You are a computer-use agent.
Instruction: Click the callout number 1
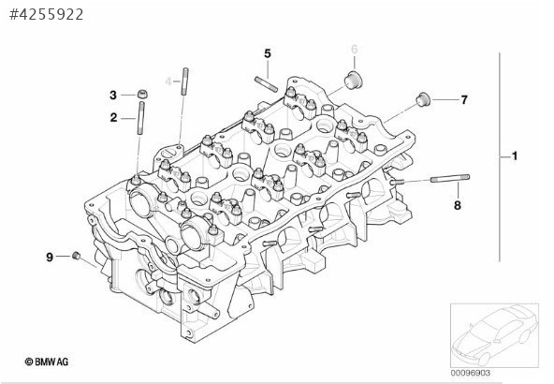pos(515,155)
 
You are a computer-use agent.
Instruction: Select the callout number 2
pos(113,117)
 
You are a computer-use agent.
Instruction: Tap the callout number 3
pos(113,95)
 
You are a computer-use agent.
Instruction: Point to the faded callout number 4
pos(168,81)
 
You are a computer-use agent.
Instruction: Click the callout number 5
pos(268,53)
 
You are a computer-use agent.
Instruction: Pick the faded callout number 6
pos(355,49)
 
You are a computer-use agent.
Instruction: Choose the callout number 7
pos(464,100)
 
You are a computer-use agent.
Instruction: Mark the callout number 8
pos(458,205)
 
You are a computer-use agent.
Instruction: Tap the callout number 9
pos(50,257)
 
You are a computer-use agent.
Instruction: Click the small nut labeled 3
pos(142,95)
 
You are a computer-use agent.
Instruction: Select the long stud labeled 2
pos(141,118)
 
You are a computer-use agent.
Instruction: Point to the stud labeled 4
pos(184,81)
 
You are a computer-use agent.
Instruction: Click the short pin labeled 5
pos(266,84)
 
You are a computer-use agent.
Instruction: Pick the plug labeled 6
pos(354,80)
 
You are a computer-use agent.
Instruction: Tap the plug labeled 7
pos(423,99)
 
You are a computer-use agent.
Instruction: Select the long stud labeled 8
pos(450,178)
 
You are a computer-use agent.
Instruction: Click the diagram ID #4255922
pos(46,14)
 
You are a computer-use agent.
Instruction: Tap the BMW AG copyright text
pos(47,362)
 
